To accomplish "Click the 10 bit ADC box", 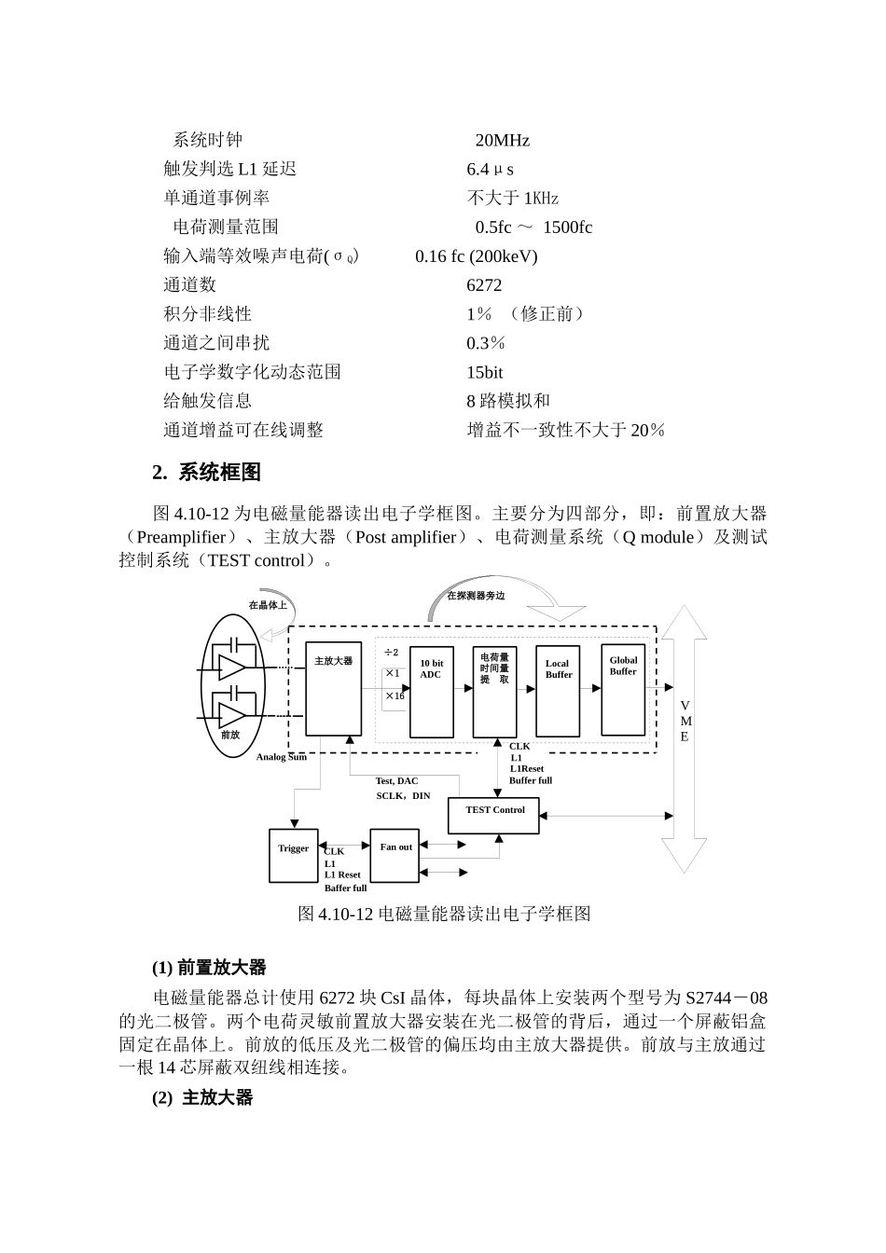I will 432,690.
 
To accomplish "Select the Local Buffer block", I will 558,690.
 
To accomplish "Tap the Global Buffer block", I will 623,689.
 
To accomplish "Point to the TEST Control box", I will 494,815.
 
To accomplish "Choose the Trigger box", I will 293,855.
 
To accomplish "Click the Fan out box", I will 395,855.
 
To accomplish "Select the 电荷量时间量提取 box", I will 494,690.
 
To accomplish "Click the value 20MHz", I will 502,141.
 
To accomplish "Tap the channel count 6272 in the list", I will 484,285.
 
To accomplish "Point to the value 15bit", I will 484,372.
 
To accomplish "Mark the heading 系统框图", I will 219,473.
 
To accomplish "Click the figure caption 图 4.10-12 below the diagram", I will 444,914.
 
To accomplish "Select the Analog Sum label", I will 282,757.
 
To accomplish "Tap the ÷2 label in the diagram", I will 391,653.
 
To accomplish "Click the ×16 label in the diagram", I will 395,695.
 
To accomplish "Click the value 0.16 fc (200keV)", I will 476,256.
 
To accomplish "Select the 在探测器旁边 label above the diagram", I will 476,596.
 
